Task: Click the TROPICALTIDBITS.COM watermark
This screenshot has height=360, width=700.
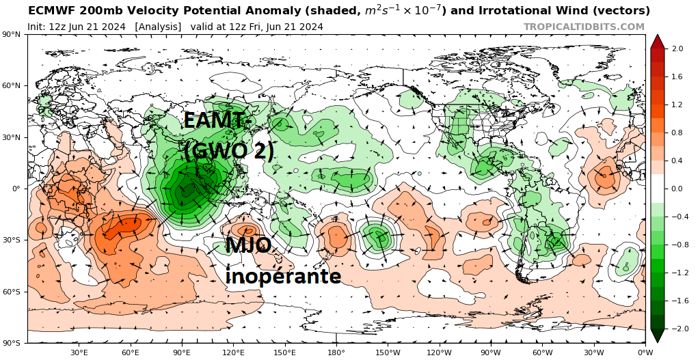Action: click(584, 27)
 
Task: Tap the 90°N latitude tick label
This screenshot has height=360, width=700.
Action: click(12, 34)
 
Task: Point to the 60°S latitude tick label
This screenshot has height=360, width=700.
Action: click(12, 292)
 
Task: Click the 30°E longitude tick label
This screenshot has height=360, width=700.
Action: click(79, 352)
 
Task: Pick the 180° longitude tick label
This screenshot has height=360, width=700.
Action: click(336, 352)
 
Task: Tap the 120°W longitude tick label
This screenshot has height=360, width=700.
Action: click(439, 352)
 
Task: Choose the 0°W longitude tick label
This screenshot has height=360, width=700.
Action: click(645, 352)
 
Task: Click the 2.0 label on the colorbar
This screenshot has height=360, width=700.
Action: click(677, 49)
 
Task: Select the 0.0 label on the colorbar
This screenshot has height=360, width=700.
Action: click(677, 189)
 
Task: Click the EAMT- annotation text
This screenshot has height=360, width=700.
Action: click(213, 121)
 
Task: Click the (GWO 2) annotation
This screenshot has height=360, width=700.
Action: click(228, 151)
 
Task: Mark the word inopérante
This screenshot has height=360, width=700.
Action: click(283, 275)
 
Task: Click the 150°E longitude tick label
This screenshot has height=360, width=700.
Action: click(284, 352)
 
